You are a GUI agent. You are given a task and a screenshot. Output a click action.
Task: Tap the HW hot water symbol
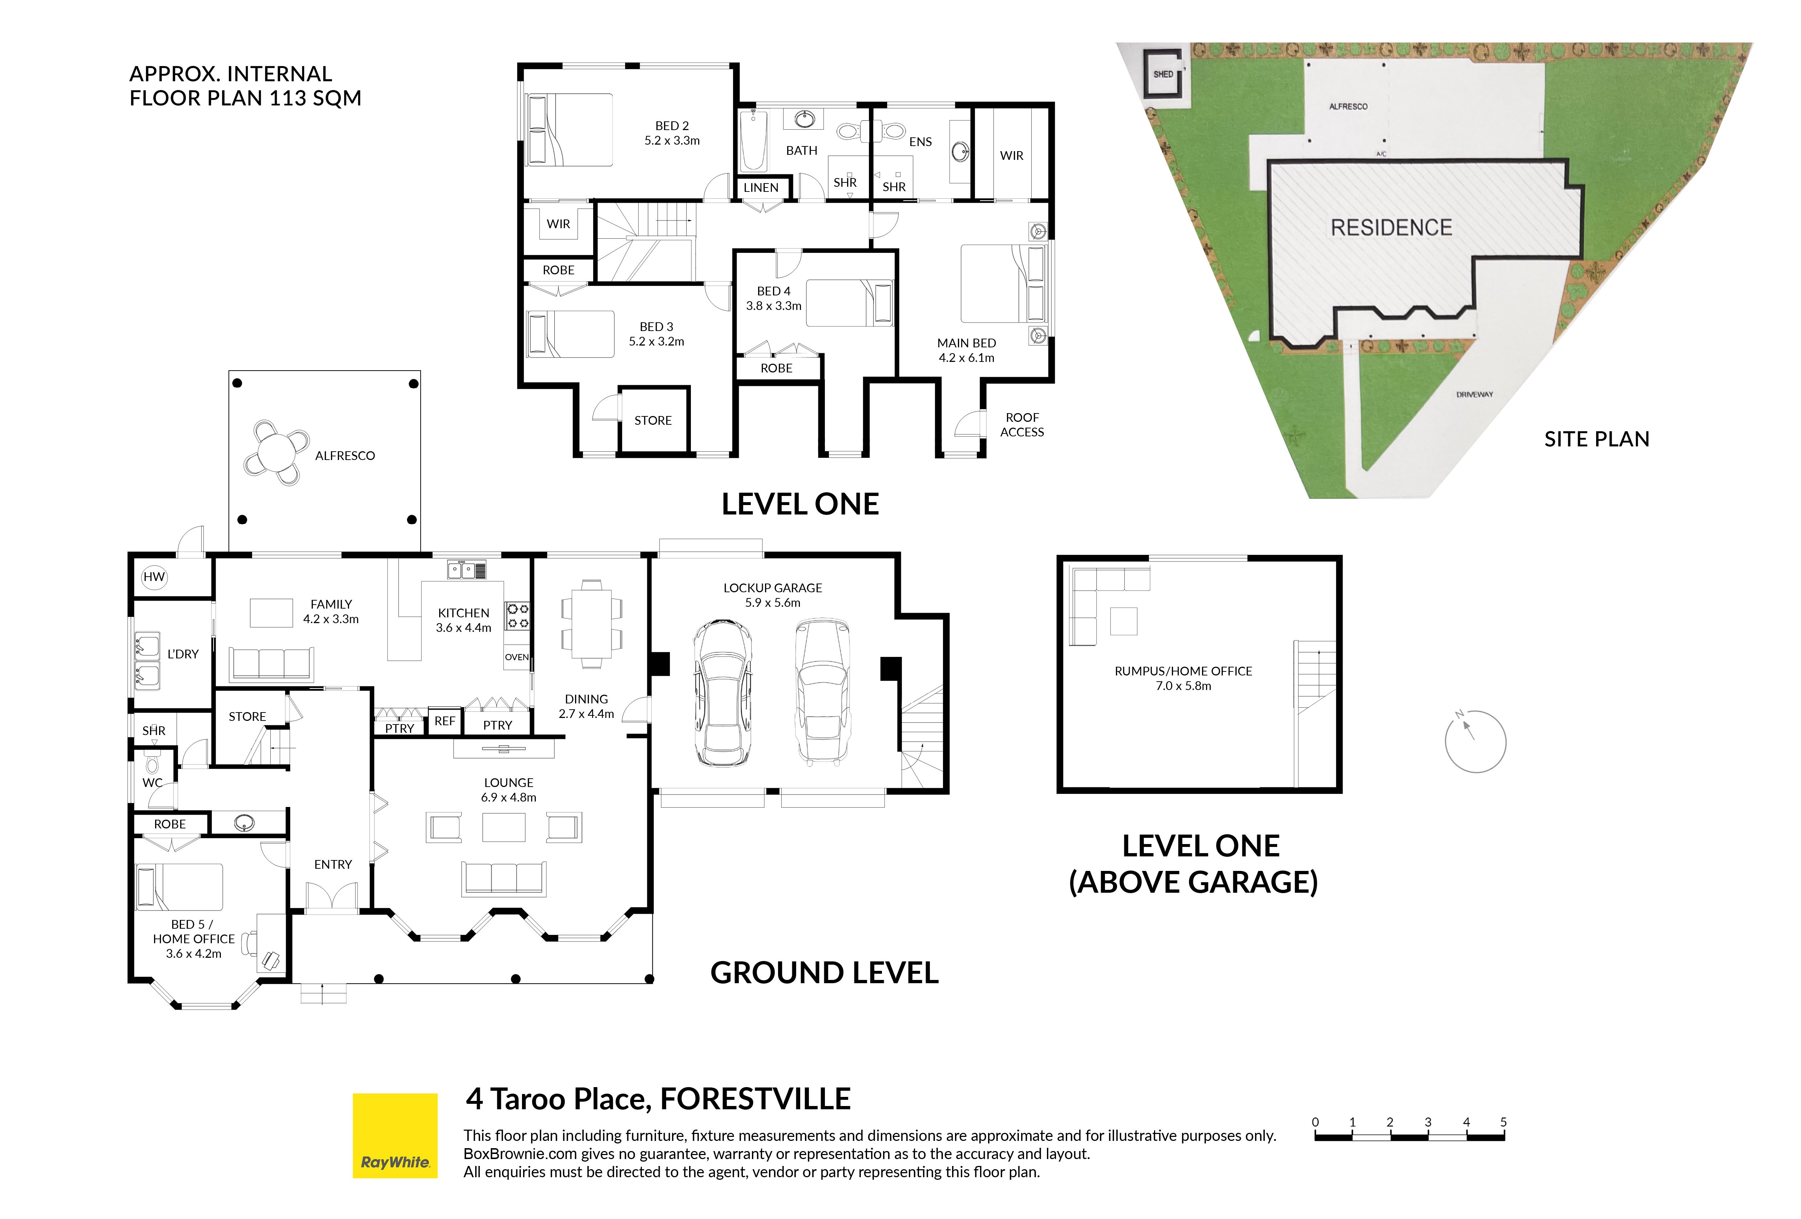(x=154, y=577)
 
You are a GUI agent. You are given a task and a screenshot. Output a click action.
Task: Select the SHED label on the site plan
(x=1163, y=74)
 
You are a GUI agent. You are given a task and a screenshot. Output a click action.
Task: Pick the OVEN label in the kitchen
(x=517, y=657)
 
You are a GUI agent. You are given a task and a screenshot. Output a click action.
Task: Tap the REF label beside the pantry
(x=445, y=721)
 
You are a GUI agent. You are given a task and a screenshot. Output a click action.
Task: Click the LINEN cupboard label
(x=761, y=187)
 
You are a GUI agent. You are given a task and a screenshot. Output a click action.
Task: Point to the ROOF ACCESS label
(x=1022, y=425)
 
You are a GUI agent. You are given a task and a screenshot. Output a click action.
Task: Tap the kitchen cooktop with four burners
(x=518, y=616)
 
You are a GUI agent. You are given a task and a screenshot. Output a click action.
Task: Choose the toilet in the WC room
(x=152, y=762)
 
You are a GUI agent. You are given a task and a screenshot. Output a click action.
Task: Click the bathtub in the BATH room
(x=753, y=141)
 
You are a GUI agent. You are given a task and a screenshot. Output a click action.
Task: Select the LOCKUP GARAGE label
(x=773, y=588)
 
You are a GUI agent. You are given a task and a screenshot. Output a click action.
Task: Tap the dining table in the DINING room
(x=591, y=624)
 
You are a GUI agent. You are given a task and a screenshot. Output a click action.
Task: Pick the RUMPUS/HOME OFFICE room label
(x=1183, y=671)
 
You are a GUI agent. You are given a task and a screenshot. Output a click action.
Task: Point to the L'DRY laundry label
(x=183, y=654)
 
